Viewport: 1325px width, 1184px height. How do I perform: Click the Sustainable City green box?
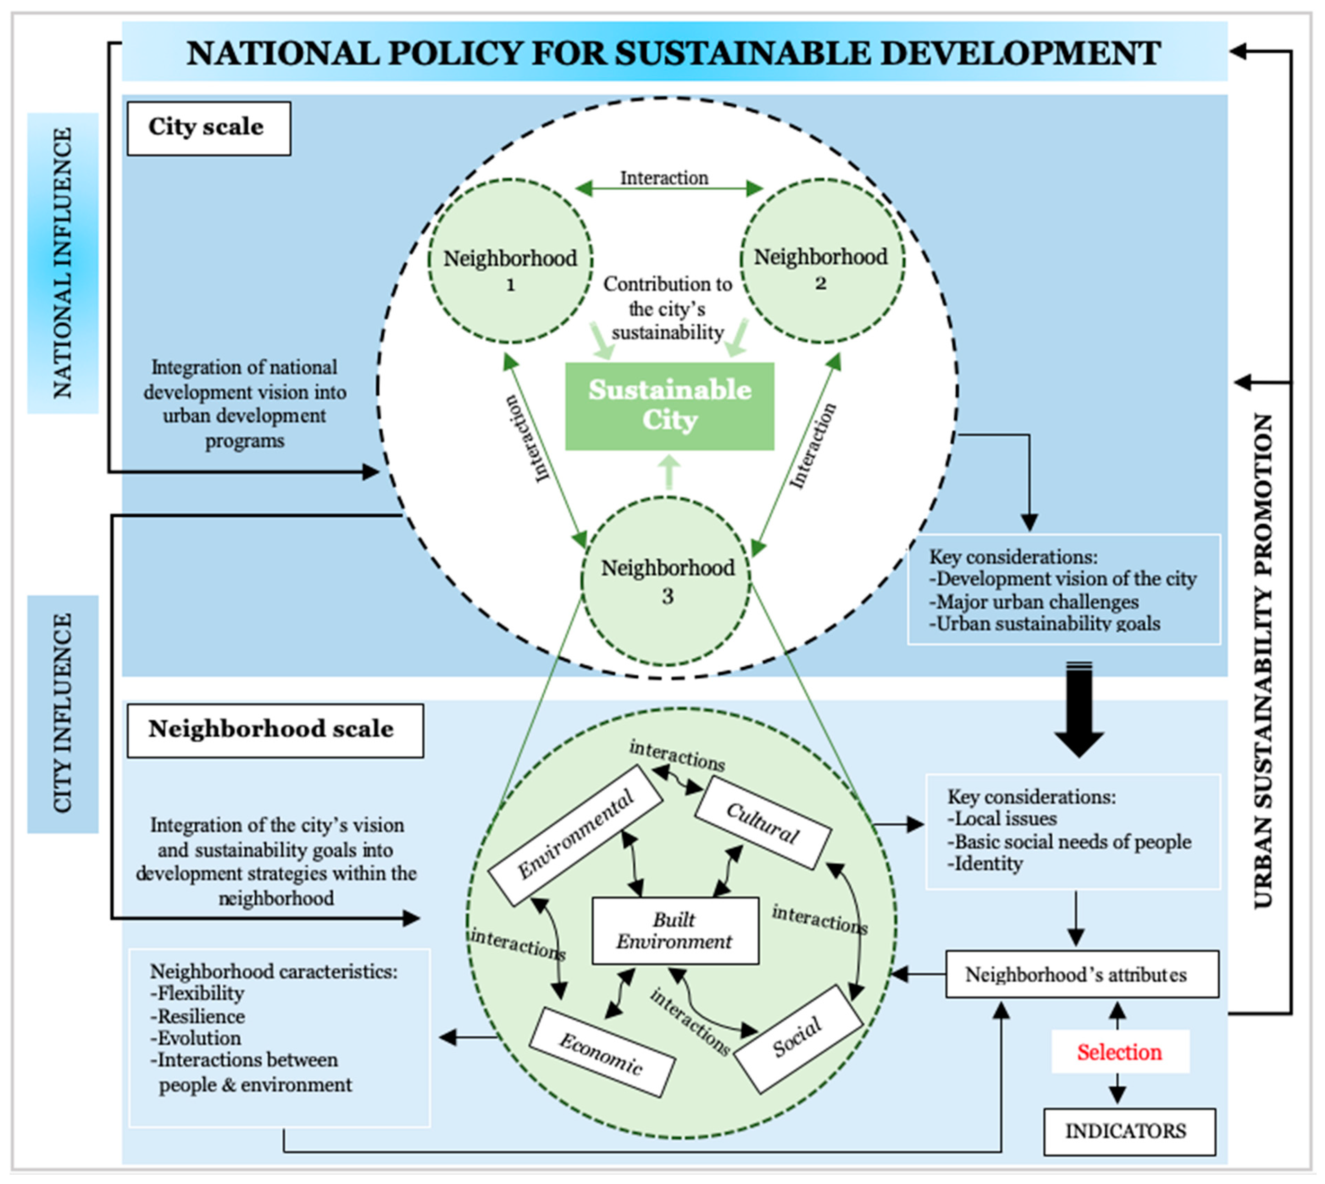pos(669,406)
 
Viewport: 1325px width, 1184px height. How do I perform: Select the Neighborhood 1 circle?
pos(510,262)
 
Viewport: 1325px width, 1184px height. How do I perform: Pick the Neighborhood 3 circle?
pos(667,581)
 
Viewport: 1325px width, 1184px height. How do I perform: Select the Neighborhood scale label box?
pos(275,730)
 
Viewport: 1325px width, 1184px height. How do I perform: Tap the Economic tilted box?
pos(602,1053)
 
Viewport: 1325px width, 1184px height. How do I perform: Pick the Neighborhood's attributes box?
pos(1081,974)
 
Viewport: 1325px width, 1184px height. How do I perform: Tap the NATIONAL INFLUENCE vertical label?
pos(63,263)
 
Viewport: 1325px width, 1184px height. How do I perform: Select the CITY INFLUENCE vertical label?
pos(63,714)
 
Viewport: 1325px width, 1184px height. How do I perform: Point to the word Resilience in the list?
pos(202,1016)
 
